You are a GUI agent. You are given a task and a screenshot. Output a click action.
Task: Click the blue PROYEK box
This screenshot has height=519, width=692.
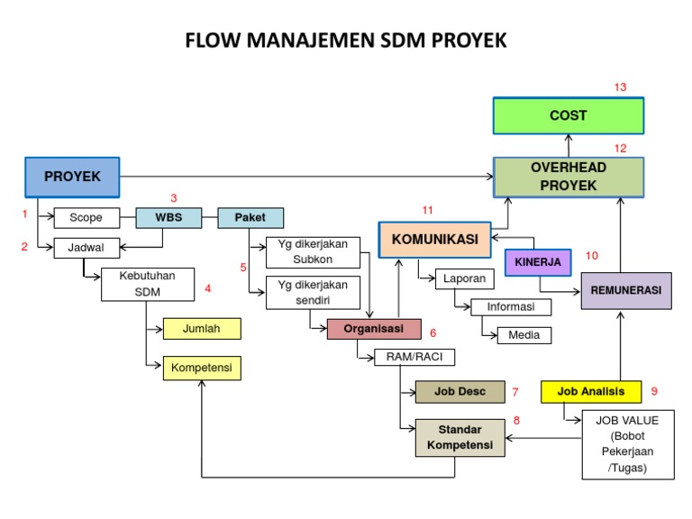click(x=72, y=177)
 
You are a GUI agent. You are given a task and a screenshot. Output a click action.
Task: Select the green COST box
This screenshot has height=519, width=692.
click(x=568, y=115)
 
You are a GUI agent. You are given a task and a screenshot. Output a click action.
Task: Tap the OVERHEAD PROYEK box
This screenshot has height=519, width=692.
click(x=568, y=177)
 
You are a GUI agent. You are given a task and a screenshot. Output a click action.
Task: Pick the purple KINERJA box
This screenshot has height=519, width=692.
click(x=538, y=262)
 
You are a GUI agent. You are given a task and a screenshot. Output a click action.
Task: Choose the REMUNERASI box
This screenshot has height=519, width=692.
click(x=625, y=290)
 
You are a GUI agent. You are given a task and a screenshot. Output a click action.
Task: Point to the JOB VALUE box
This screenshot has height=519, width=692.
click(x=626, y=444)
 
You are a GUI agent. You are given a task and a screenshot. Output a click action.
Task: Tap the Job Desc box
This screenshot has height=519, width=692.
click(x=460, y=392)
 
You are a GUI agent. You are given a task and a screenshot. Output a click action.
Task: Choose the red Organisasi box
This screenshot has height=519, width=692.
click(x=373, y=329)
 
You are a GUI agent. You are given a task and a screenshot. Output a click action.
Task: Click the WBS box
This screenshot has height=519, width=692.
click(x=168, y=217)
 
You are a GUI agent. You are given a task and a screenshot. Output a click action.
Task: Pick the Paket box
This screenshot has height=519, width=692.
click(x=250, y=217)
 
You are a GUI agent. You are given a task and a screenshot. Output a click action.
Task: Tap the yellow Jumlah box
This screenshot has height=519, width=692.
click(x=201, y=329)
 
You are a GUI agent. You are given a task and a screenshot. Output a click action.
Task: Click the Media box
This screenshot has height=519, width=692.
click(x=524, y=335)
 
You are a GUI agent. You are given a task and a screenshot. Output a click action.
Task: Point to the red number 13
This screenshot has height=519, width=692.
click(x=620, y=87)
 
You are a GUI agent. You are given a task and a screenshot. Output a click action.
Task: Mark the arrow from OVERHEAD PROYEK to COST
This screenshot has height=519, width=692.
click(x=568, y=145)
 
